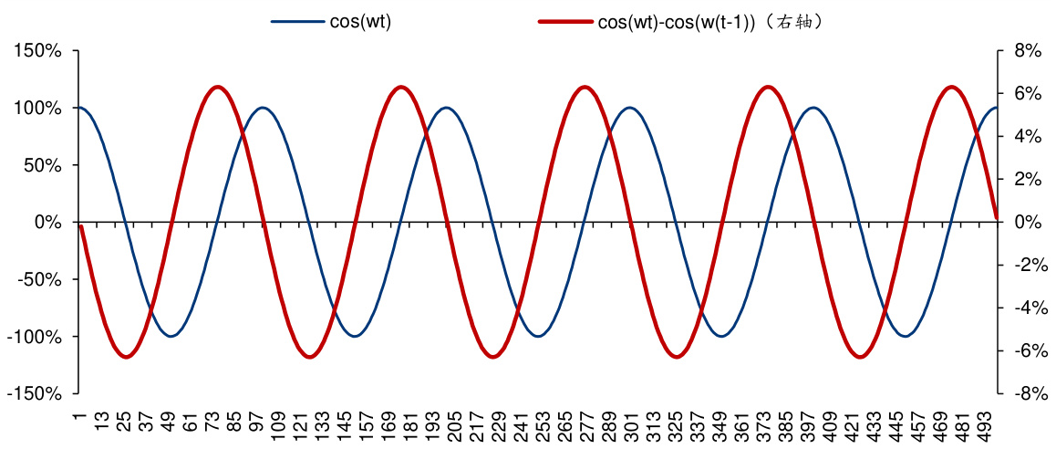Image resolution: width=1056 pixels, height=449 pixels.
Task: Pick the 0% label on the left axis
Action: [x=48, y=223]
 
